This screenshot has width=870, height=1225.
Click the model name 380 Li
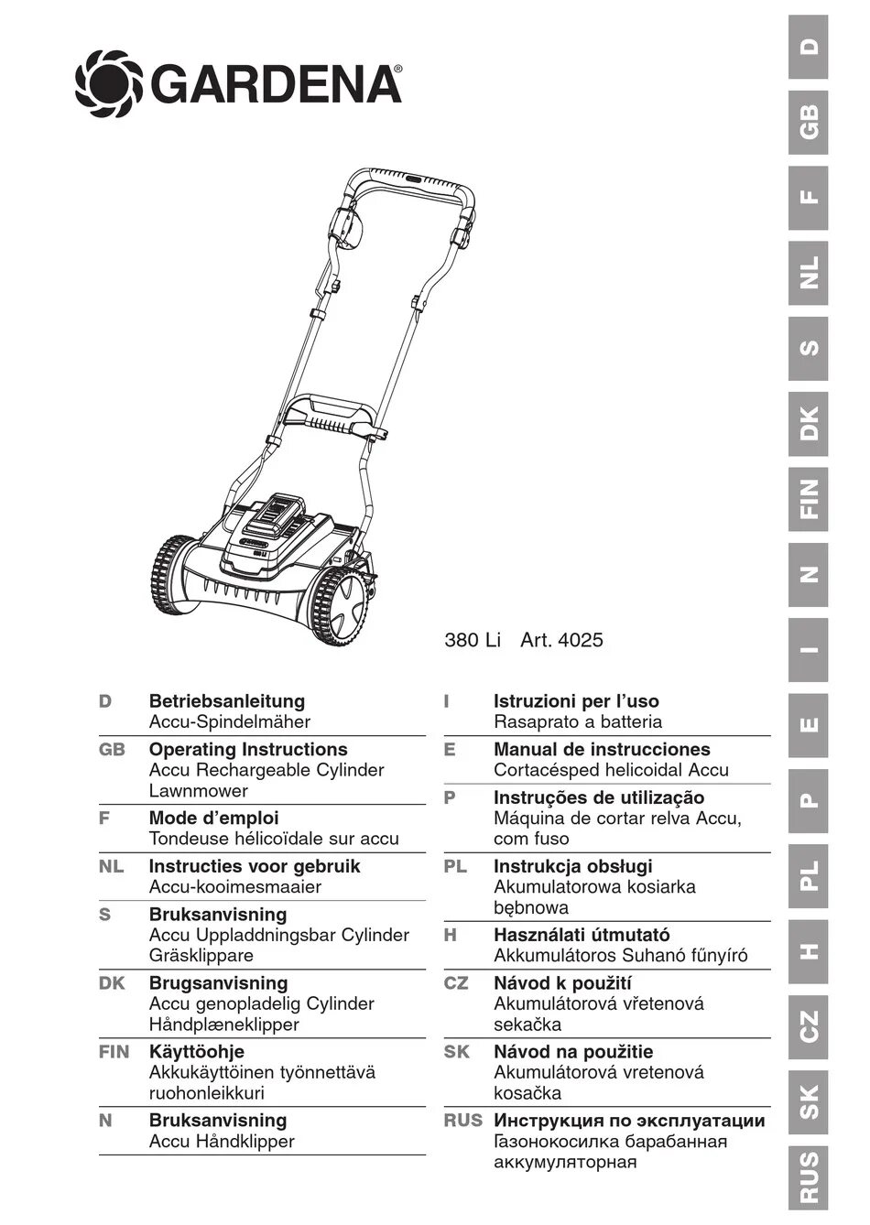(x=473, y=641)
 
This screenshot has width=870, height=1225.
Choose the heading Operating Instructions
(x=248, y=750)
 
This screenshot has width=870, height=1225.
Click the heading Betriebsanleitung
(x=227, y=701)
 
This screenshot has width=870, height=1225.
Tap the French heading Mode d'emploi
(x=213, y=818)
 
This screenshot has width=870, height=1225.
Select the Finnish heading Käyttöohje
(x=197, y=1052)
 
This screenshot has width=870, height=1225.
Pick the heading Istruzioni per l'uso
(x=576, y=701)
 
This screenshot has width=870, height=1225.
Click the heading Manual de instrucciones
(x=602, y=750)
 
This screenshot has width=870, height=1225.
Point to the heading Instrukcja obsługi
(x=573, y=866)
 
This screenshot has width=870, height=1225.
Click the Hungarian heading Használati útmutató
(x=582, y=935)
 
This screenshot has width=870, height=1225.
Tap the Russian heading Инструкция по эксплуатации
(x=629, y=1121)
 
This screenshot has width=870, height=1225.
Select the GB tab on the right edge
(x=809, y=123)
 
